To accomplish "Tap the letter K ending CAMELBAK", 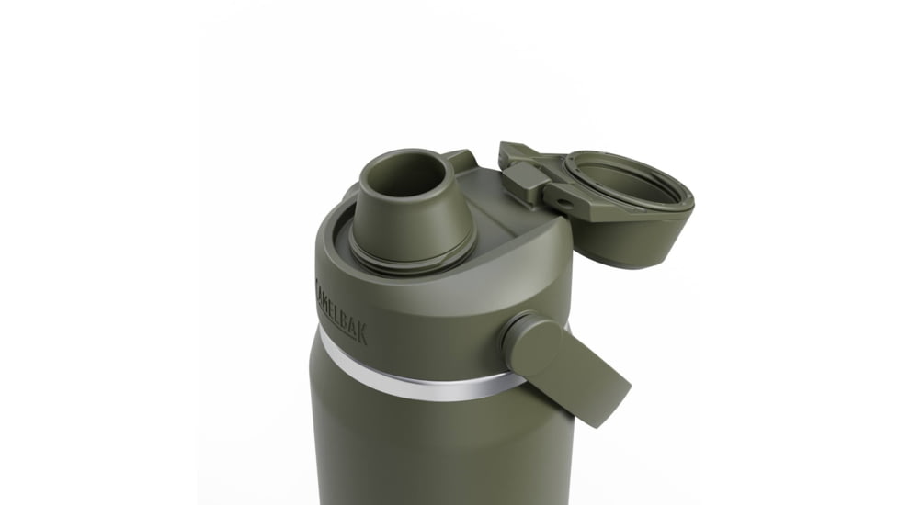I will tap(361, 336).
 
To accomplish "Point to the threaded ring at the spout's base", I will tap(419, 254).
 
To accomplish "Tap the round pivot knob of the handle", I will tap(531, 339).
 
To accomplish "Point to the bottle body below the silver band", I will tap(432, 450).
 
